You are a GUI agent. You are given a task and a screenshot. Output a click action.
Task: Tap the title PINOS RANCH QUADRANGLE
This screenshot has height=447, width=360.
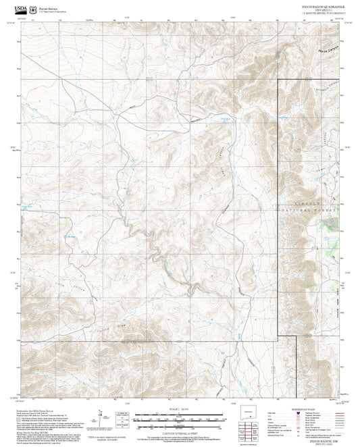[314, 4]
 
